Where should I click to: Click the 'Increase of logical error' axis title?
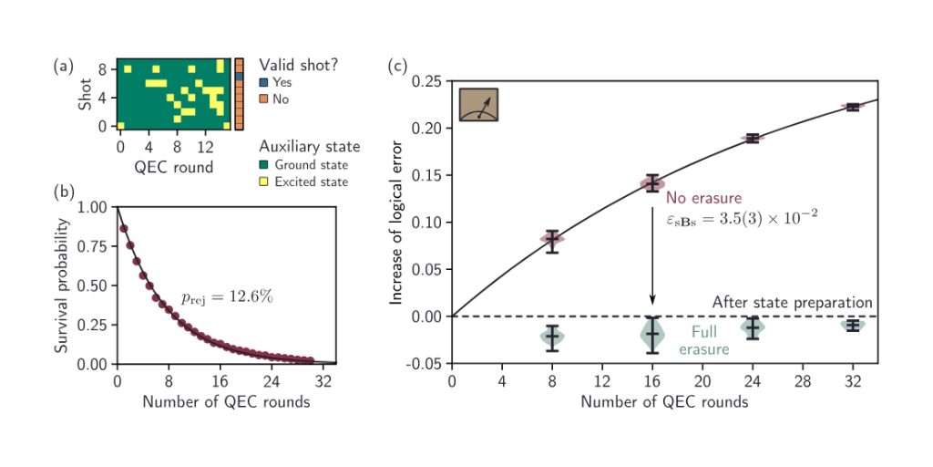tap(397, 223)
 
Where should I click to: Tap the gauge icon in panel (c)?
tap(478, 105)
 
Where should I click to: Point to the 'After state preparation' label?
tap(792, 303)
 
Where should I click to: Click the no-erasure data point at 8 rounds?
tap(552, 239)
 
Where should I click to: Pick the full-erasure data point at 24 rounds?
tap(752, 327)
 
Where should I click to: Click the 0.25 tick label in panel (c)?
tap(426, 82)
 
